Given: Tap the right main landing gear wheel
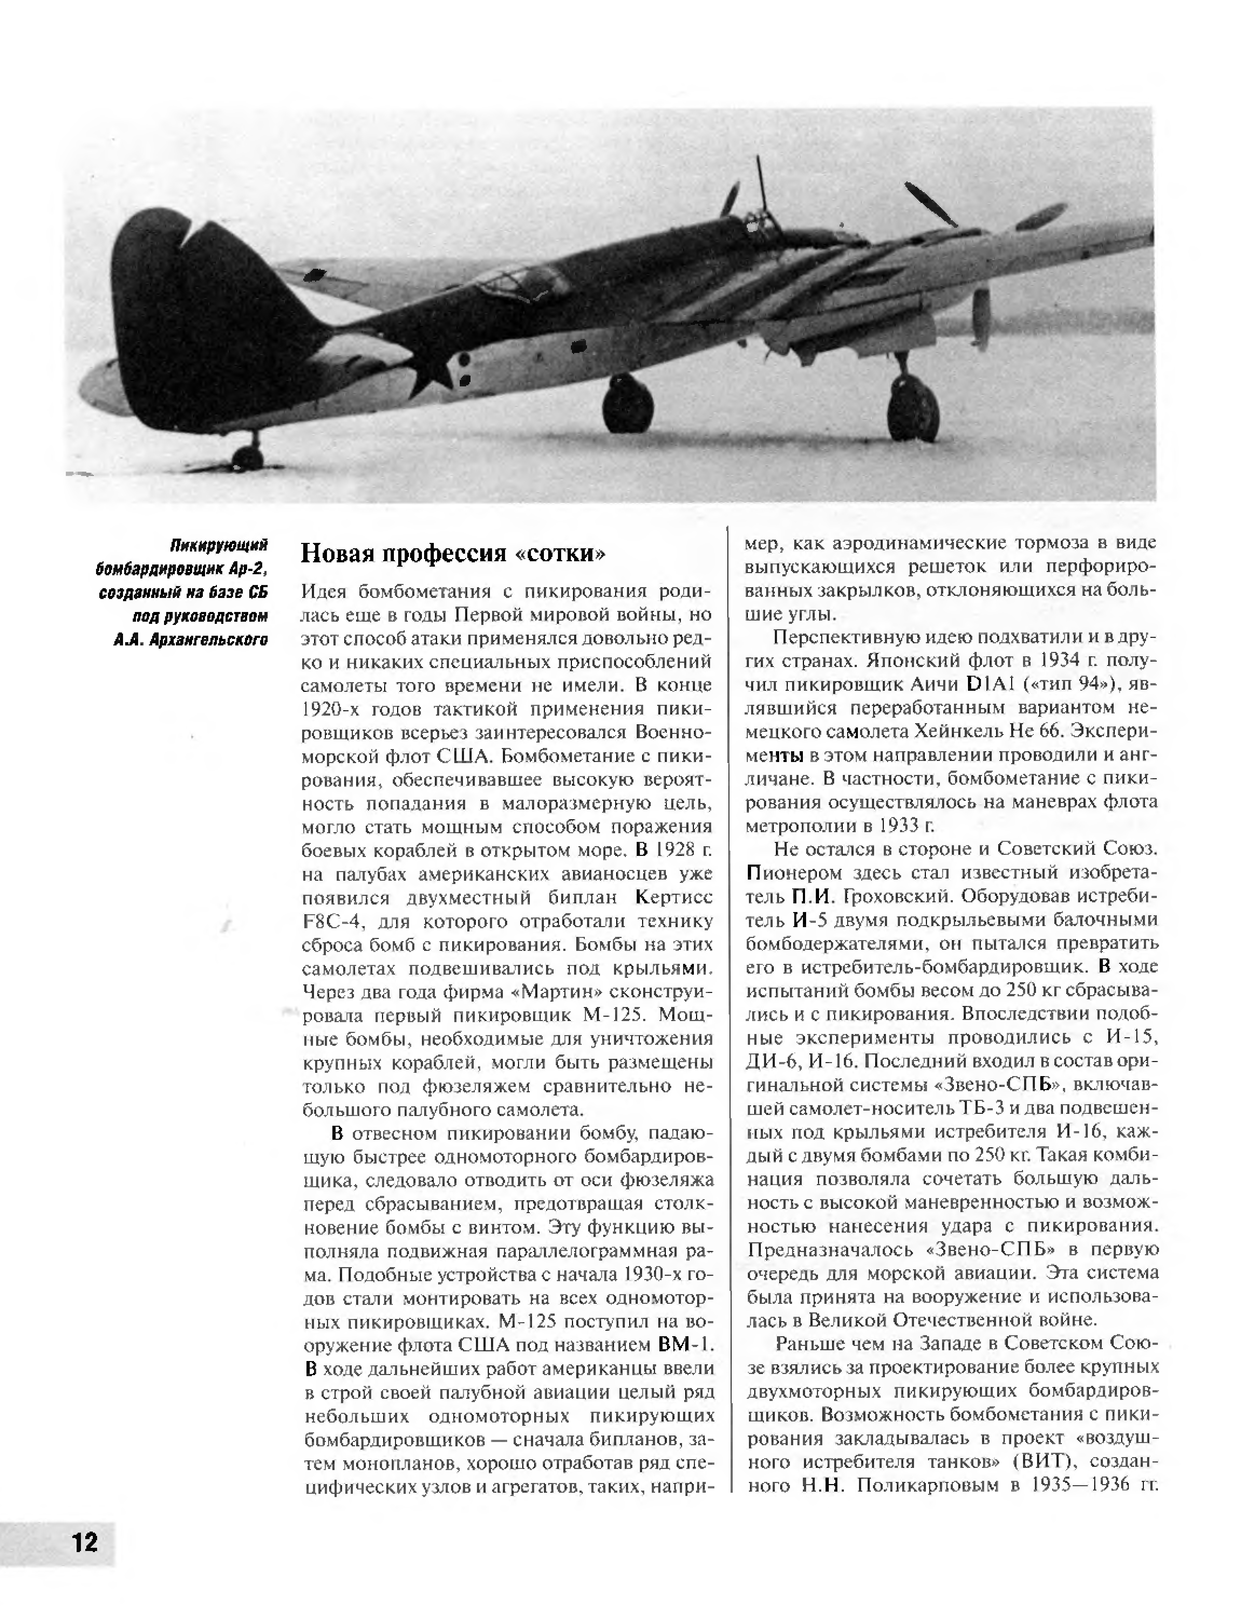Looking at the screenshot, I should [x=913, y=409].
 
